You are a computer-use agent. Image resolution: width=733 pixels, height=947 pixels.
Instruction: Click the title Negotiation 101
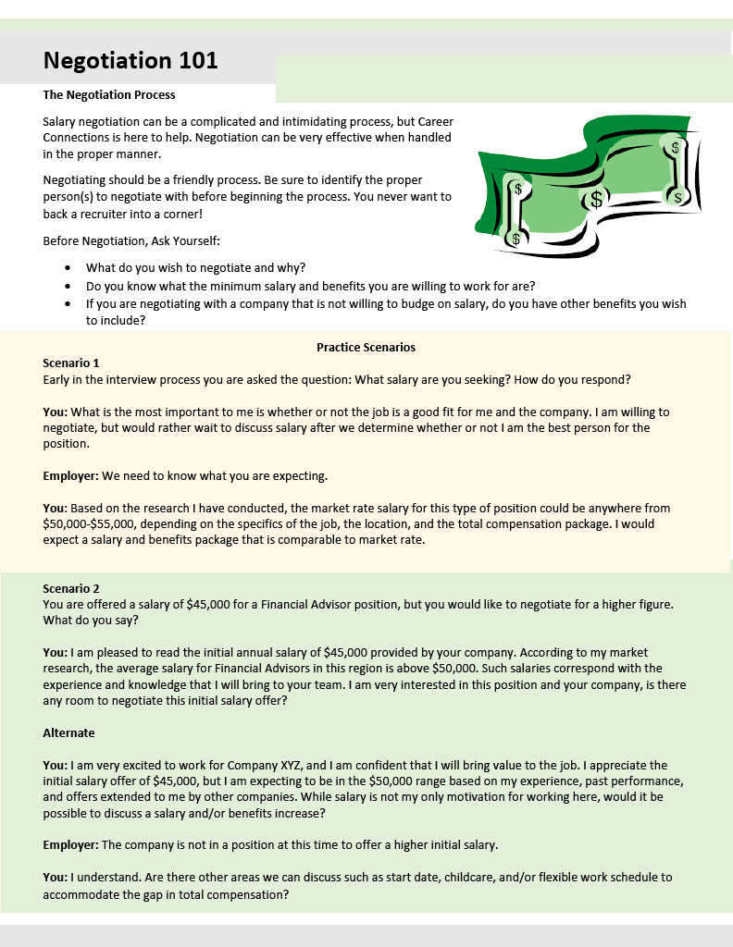click(x=130, y=61)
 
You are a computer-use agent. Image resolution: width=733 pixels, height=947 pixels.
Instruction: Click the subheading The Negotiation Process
click(x=109, y=94)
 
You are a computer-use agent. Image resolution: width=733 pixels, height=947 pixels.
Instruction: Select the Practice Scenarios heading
click(x=366, y=347)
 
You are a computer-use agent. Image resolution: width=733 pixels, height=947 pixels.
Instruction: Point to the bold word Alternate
click(x=69, y=732)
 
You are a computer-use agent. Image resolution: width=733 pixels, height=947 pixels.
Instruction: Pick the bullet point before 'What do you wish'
click(x=69, y=267)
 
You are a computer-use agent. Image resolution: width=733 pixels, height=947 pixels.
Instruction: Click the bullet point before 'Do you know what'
click(x=69, y=286)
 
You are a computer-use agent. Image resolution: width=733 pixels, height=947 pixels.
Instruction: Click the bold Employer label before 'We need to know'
click(x=70, y=476)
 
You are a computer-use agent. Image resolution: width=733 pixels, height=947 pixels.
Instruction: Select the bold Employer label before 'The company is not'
click(x=70, y=844)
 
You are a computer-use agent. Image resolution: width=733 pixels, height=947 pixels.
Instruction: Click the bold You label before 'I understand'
click(x=56, y=876)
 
